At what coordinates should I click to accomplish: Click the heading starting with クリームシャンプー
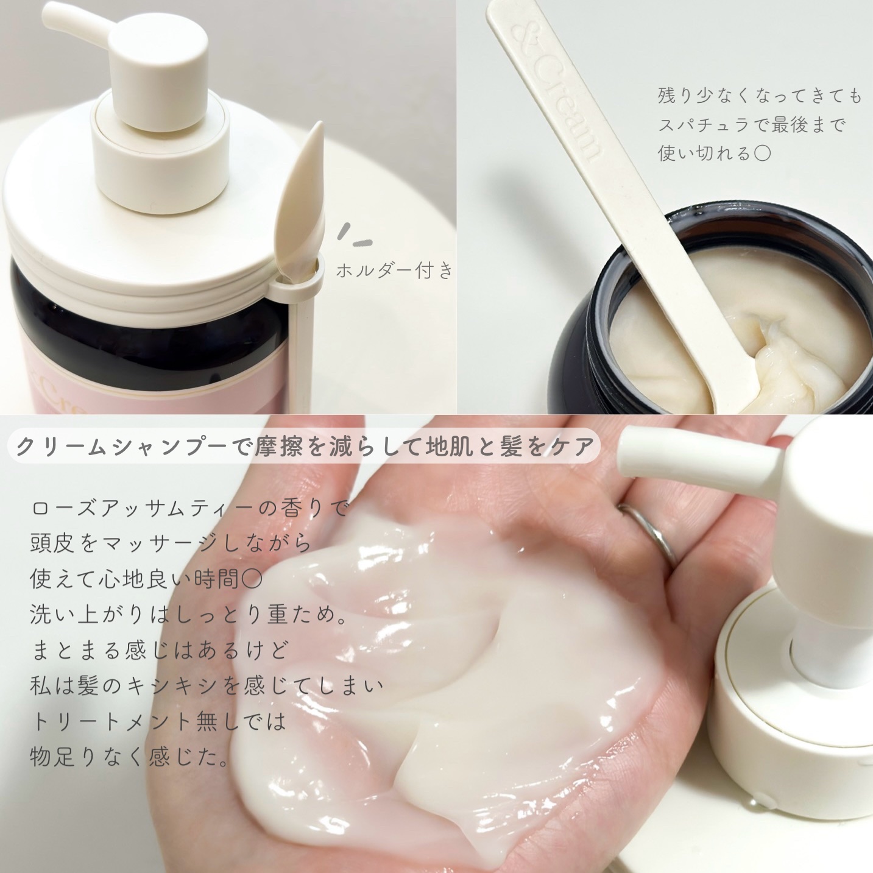305,447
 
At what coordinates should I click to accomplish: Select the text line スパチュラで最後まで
752,125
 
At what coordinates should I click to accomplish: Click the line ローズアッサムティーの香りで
189,507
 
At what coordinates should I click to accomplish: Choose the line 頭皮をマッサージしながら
171,543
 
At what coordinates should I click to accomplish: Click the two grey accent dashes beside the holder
355,236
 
